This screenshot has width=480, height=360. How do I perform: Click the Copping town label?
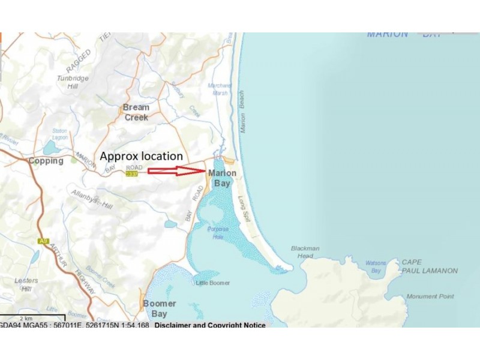click(46, 161)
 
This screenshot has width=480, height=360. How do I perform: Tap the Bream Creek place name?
click(136, 112)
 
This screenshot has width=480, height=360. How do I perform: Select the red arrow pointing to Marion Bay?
click(173, 171)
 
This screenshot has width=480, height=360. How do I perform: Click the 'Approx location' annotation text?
click(141, 155)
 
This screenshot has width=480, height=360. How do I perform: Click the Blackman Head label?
click(305, 252)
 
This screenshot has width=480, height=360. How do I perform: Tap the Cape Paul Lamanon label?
click(429, 266)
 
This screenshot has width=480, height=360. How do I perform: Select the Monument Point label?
click(430, 296)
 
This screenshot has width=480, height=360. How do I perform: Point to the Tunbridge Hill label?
click(73, 82)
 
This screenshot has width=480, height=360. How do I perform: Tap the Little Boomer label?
click(213, 283)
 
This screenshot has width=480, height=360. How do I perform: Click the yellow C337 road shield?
click(131, 174)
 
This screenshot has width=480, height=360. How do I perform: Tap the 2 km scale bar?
click(32, 316)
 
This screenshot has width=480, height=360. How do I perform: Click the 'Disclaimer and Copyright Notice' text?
click(210, 325)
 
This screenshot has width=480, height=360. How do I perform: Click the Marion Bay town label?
click(222, 178)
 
